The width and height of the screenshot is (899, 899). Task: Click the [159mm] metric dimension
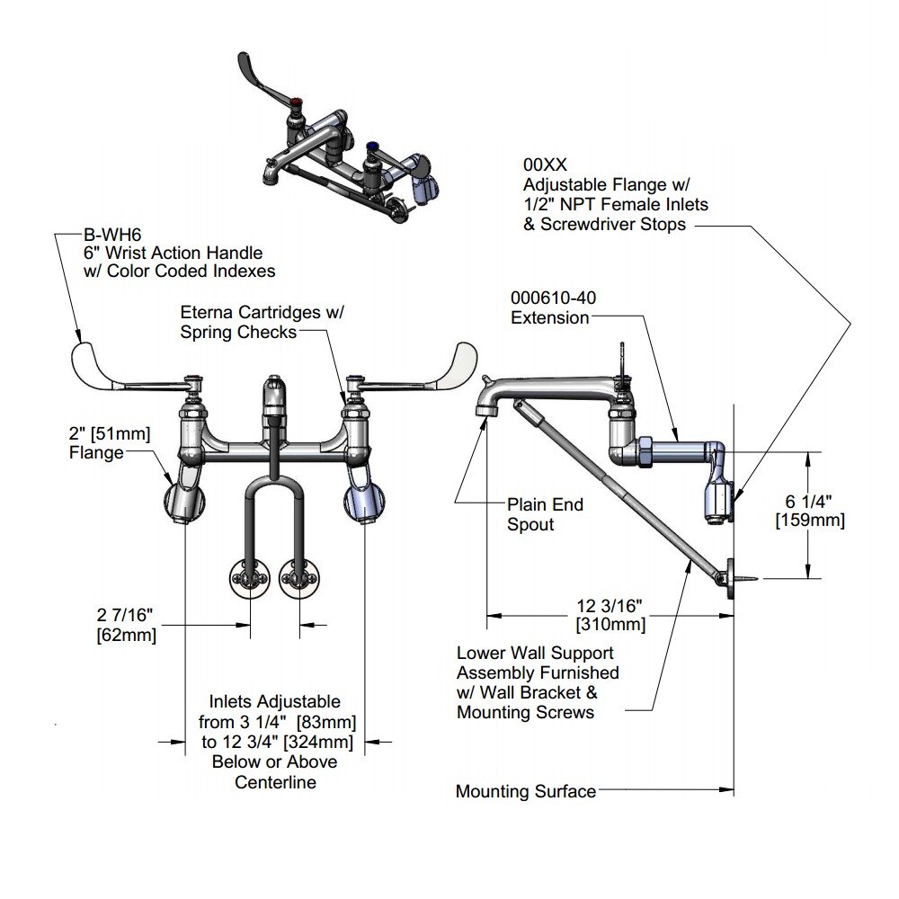(x=810, y=521)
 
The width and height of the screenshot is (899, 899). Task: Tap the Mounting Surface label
(x=525, y=791)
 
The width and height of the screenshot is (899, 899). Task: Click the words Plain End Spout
(x=545, y=514)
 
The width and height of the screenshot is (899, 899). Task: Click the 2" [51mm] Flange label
(x=110, y=443)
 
